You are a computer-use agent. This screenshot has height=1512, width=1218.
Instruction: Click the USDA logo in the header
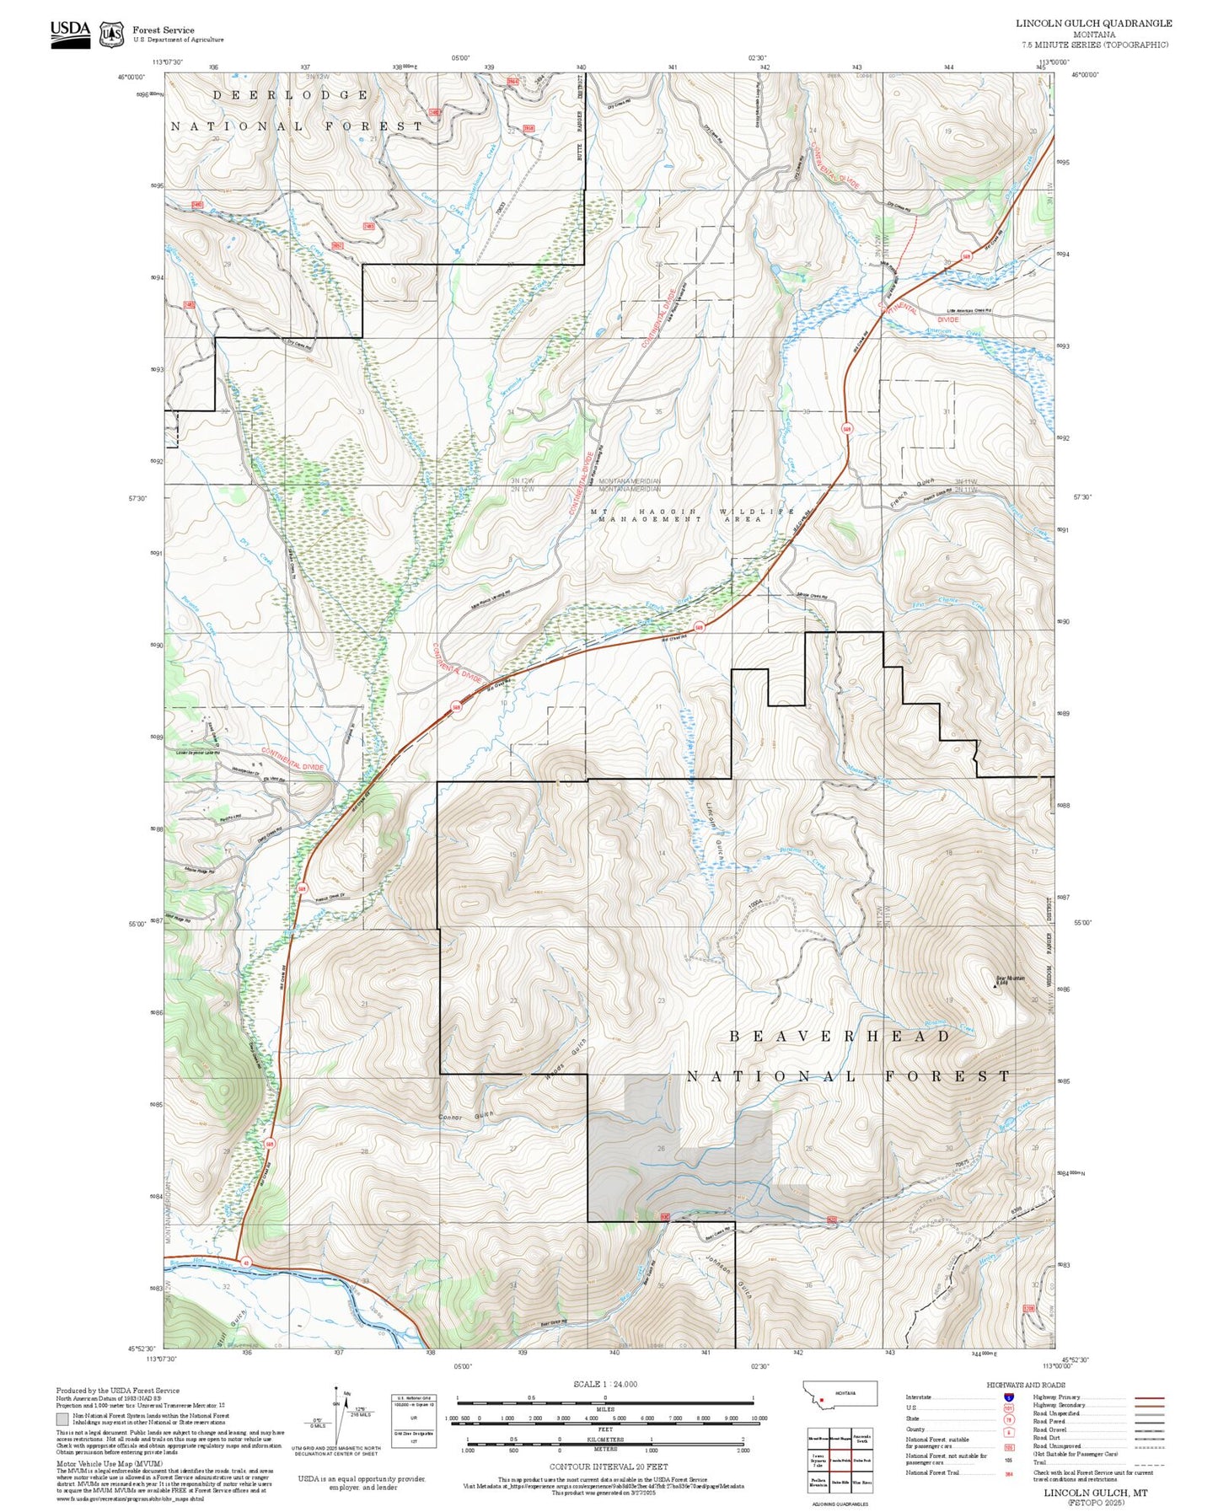[x=70, y=34]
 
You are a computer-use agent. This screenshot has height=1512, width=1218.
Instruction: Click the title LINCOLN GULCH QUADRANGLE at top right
[x=1093, y=24]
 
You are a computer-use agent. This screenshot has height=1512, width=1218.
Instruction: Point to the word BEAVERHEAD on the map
[x=840, y=1036]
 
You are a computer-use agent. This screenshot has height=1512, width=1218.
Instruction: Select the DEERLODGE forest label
[x=290, y=95]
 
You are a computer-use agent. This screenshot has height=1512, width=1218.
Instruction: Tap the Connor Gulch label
[x=466, y=1117]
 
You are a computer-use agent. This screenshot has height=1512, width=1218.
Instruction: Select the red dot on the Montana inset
[x=820, y=1402]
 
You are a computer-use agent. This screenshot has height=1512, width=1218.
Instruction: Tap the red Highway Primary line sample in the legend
[x=1149, y=1397]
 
